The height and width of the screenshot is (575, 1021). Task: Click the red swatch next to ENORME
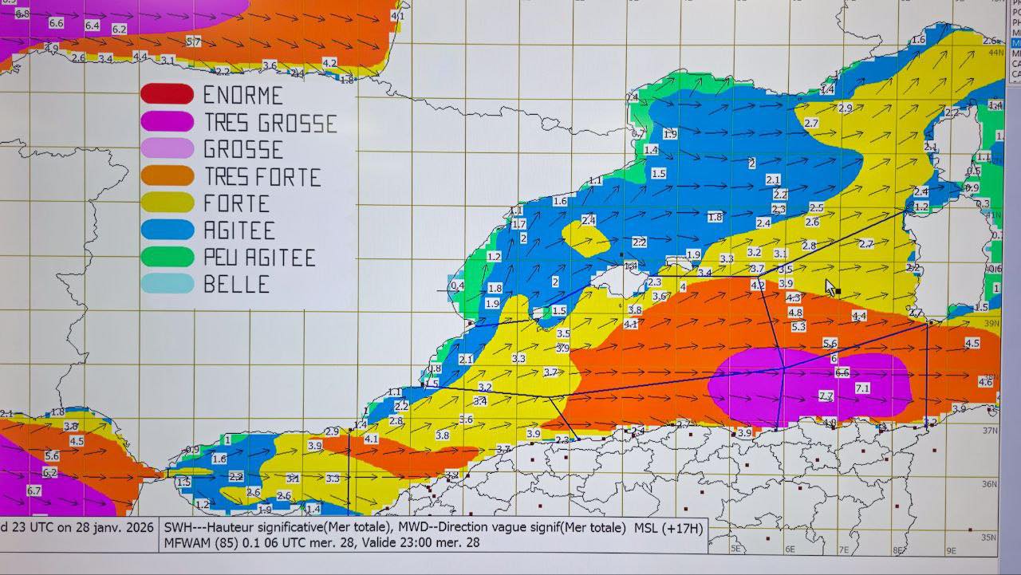point(167,94)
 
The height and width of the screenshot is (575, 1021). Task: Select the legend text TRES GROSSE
point(270,123)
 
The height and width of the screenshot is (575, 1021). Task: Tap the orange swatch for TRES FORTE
point(167,175)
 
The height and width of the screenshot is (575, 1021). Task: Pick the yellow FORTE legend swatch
point(167,203)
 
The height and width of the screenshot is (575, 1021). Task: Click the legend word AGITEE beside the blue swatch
point(239,230)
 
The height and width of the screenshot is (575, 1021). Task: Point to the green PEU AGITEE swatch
point(167,257)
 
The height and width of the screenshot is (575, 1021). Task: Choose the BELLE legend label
point(236,284)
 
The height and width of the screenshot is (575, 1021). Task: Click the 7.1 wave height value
point(862,388)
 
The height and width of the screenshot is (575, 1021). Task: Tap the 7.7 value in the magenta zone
point(826,396)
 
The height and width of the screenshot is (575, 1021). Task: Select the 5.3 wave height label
point(798,326)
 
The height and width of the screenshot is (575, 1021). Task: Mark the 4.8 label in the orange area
point(795,313)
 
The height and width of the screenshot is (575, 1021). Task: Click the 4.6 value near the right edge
point(985,382)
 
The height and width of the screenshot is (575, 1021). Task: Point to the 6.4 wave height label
point(92,26)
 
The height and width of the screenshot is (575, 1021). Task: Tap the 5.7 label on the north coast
point(193,41)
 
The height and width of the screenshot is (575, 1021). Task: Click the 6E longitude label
point(790,549)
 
